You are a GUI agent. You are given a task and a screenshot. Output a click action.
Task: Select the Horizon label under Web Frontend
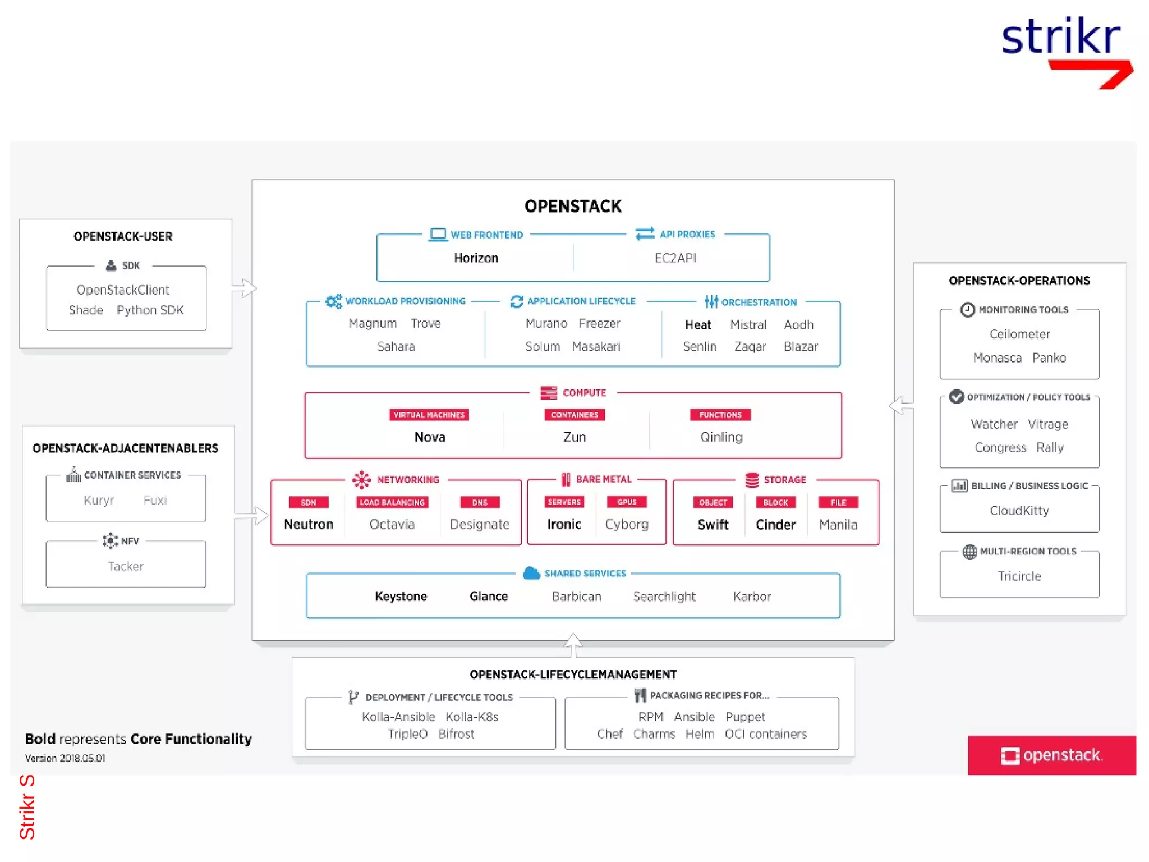[476, 258]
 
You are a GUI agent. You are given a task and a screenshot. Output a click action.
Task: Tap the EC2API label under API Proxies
[675, 258]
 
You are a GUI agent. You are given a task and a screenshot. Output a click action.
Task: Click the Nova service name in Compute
[429, 437]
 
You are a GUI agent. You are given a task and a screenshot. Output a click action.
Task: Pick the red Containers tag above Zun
[574, 415]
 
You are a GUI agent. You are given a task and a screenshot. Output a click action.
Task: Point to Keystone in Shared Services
[401, 596]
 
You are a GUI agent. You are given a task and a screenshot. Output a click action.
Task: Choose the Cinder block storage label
[775, 524]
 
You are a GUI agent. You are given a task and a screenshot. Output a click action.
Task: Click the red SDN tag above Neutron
[308, 502]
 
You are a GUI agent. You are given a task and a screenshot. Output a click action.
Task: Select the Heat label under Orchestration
[698, 324]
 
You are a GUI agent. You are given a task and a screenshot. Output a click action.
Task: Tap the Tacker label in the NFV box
[126, 566]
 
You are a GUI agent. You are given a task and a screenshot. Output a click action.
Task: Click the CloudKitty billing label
[1019, 510]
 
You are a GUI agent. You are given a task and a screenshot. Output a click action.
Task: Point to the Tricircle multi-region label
[1019, 576]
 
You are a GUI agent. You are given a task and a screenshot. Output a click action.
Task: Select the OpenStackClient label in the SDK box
[123, 290]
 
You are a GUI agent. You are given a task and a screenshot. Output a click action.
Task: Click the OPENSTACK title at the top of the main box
[573, 206]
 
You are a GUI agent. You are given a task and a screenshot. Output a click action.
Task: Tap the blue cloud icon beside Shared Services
[531, 573]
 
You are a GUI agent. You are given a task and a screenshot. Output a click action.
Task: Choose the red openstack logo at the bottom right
[1051, 755]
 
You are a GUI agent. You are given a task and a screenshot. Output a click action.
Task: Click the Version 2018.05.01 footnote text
[65, 758]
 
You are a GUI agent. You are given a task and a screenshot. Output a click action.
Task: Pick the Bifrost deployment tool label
[456, 734]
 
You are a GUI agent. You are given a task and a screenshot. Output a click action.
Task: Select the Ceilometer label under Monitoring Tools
[1019, 334]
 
